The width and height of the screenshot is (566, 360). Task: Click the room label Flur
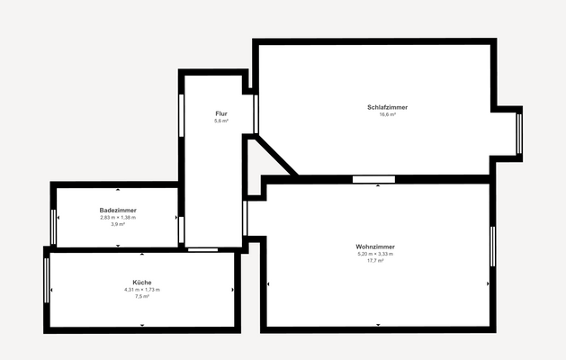220,112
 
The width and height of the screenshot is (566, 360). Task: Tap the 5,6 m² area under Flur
220,121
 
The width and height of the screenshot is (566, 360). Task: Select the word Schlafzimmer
387,107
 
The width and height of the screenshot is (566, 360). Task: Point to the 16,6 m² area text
387,115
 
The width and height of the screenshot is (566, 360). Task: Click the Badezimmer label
118,210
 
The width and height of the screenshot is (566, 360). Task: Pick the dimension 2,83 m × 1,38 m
118,217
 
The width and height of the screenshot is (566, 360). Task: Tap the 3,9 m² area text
118,224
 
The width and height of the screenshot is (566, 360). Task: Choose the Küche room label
141,283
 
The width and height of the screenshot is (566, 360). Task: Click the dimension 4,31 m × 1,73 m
141,290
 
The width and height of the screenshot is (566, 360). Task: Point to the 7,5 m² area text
141,296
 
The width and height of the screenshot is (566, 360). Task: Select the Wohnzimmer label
375,247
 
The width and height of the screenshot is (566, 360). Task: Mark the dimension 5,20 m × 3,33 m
375,254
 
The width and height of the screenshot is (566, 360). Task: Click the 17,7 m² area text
375,261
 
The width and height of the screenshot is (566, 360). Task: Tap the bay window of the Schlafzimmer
518,134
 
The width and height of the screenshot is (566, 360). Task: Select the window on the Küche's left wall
47,281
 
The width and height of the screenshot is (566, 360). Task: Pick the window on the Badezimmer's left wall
53,226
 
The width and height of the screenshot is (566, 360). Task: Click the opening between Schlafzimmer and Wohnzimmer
373,179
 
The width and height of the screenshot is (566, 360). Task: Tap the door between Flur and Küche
202,248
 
